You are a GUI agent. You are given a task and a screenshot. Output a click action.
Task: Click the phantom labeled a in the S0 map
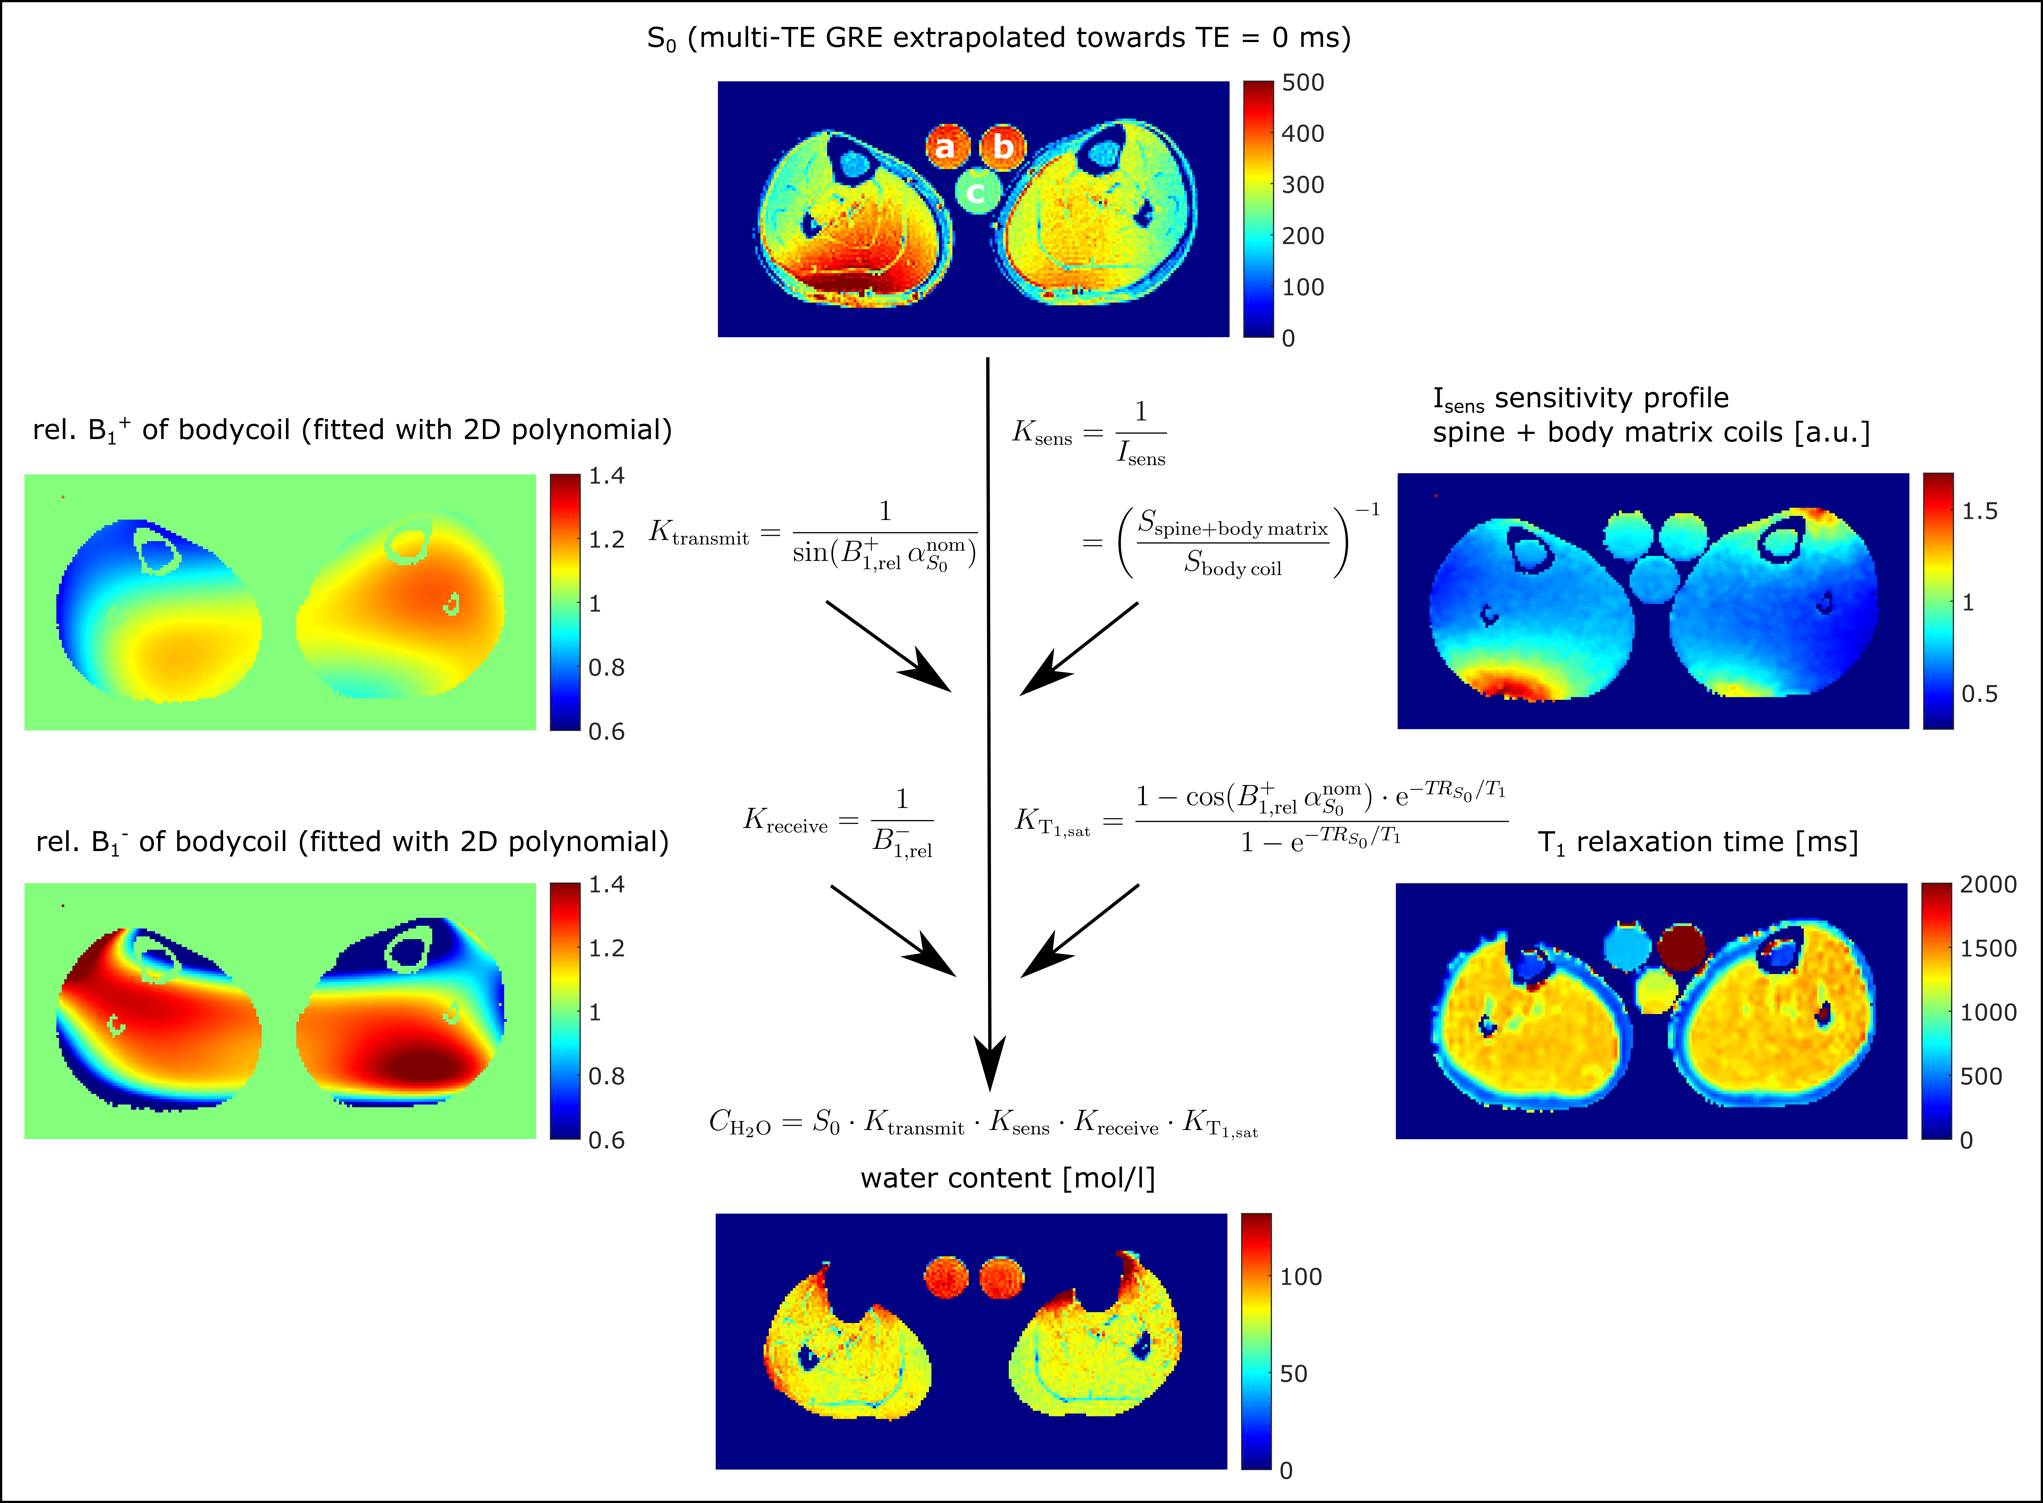tap(946, 147)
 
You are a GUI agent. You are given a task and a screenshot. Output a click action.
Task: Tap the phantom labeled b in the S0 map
tap(1002, 147)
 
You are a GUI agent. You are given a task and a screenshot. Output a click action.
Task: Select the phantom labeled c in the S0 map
tap(977, 192)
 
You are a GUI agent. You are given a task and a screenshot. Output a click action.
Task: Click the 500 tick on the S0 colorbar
tap(1303, 83)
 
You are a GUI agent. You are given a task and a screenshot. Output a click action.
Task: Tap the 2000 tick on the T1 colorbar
tap(1987, 884)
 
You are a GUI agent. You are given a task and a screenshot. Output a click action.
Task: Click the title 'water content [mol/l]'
tap(1007, 1178)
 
